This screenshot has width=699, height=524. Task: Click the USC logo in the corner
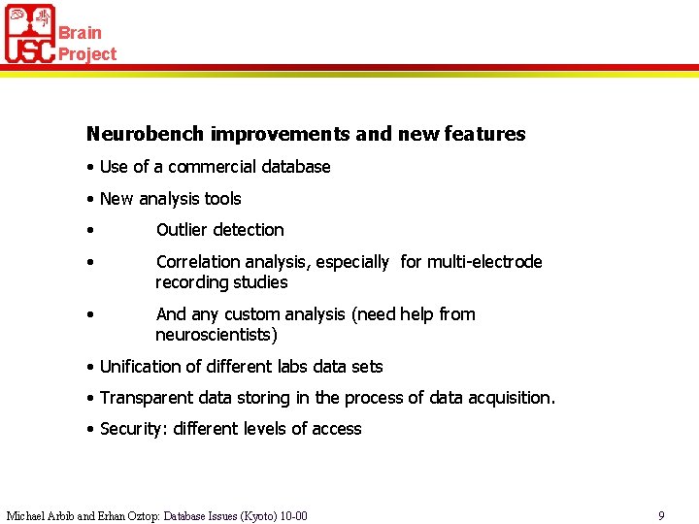tap(30, 34)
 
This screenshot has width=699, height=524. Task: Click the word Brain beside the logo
tap(80, 33)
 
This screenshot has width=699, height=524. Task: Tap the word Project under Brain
tap(87, 54)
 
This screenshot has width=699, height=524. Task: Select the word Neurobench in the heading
tap(146, 134)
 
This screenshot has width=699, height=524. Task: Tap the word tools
tap(223, 199)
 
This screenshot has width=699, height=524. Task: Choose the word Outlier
tap(182, 230)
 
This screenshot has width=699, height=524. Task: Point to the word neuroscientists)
tap(216, 336)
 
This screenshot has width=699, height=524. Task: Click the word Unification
tap(145, 367)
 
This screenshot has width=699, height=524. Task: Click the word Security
tap(133, 429)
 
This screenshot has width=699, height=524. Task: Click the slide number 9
tap(661, 516)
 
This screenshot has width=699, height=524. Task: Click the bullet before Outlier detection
tap(88, 231)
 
